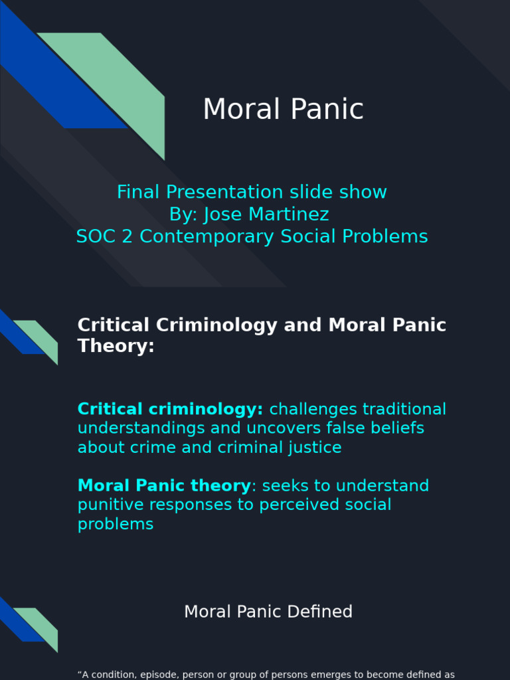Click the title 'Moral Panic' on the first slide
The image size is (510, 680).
283,110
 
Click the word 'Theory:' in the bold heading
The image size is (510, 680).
116,346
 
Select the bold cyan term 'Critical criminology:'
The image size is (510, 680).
170,409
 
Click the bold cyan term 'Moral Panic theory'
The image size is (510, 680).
164,486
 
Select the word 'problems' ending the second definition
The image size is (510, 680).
116,525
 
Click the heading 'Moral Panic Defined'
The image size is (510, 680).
268,612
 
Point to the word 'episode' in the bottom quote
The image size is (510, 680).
162,675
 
